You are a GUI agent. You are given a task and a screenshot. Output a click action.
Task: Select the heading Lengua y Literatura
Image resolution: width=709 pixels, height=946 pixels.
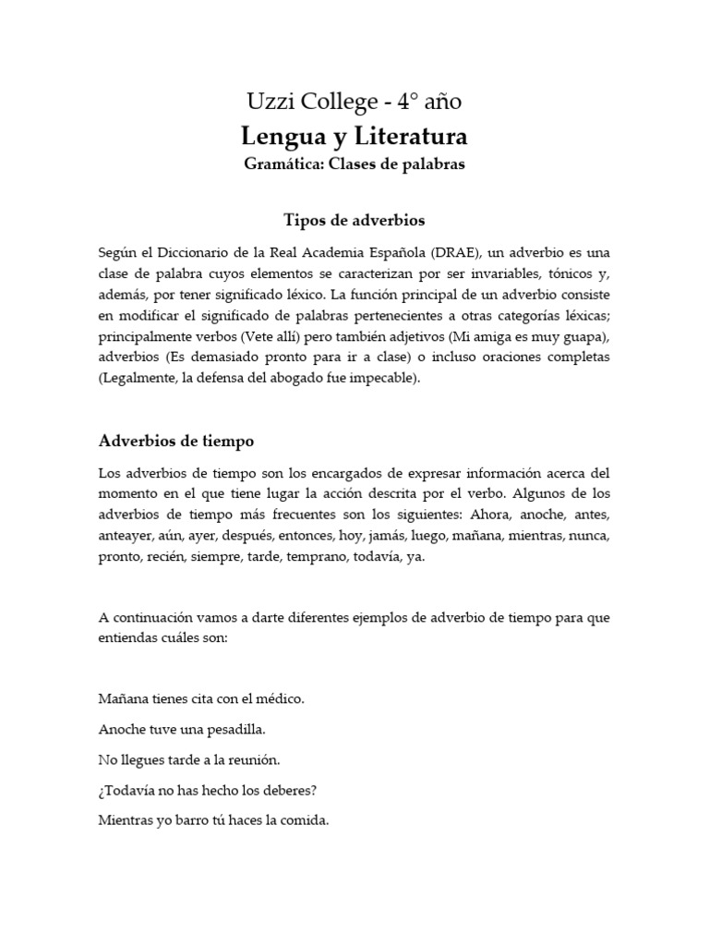pos(354,137)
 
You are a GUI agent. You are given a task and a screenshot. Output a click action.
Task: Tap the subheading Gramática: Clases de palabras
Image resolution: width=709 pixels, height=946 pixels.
pos(354,165)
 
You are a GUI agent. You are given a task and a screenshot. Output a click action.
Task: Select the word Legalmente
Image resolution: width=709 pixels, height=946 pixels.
pos(138,378)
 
